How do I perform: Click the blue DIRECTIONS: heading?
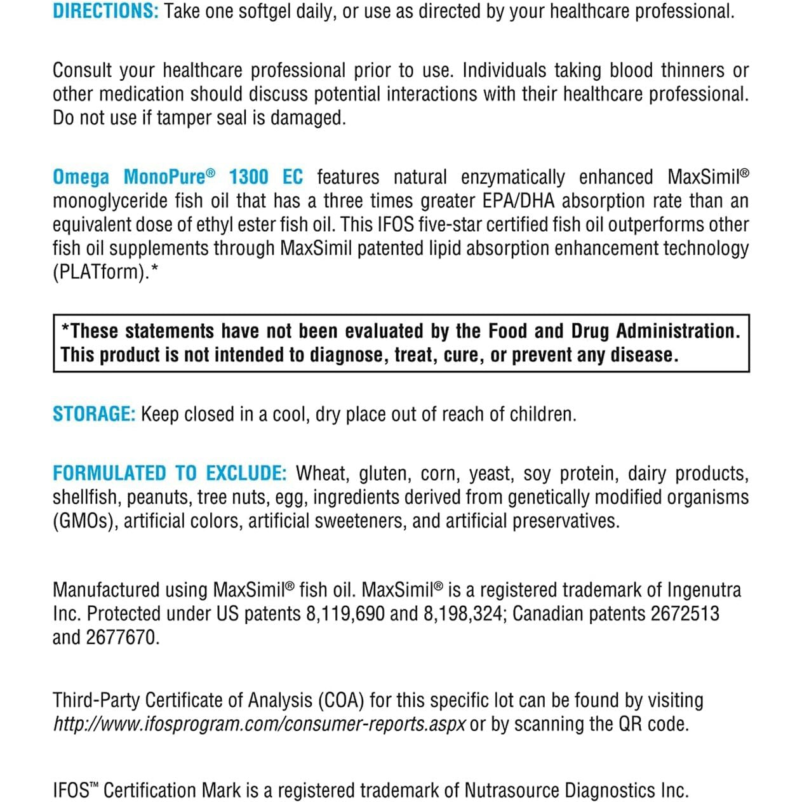[x=105, y=11]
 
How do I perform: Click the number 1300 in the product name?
[x=248, y=177]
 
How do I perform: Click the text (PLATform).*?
[x=105, y=272]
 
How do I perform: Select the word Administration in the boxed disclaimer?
[x=678, y=331]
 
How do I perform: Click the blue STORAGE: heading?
[x=94, y=414]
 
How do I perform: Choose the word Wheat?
[x=322, y=474]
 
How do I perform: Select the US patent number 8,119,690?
[x=345, y=614]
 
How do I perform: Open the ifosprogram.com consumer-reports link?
[x=259, y=725]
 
